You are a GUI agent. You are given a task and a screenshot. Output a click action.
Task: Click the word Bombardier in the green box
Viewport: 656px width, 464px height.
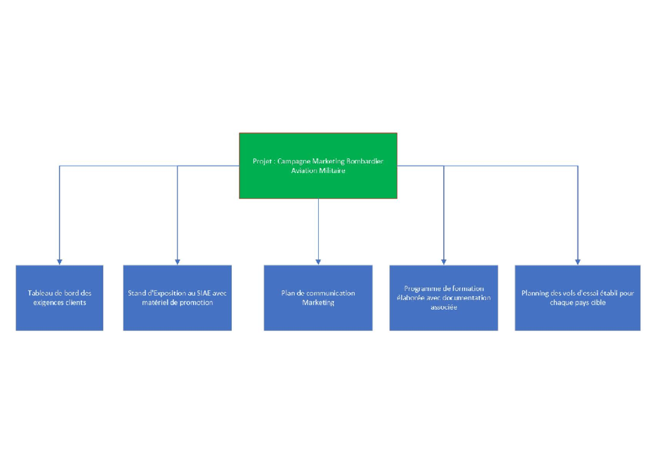[365, 161]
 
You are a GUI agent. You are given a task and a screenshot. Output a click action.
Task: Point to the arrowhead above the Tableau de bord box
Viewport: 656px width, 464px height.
[59, 262]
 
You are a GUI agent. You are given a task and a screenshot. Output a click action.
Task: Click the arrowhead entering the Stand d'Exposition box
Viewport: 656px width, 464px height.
[177, 262]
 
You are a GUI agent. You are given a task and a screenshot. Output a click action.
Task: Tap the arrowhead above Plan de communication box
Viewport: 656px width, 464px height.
[318, 262]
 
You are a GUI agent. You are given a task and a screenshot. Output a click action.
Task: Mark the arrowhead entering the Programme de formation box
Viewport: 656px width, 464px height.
[443, 262]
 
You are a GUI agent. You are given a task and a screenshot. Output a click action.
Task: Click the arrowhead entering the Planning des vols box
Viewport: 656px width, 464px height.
[577, 262]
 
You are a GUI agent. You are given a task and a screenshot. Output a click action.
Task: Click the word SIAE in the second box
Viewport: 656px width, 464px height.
[203, 293]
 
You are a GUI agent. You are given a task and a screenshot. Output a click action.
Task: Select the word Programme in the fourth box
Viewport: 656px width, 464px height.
[420, 288]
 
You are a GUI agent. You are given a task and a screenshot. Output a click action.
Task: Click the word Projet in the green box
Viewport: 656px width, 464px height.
[262, 161]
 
